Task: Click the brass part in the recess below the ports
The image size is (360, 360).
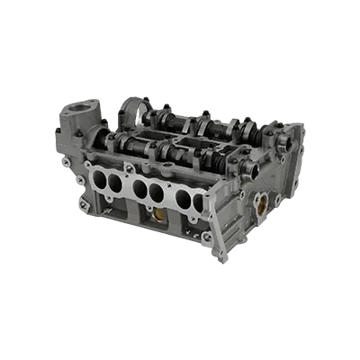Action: tap(159, 217)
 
